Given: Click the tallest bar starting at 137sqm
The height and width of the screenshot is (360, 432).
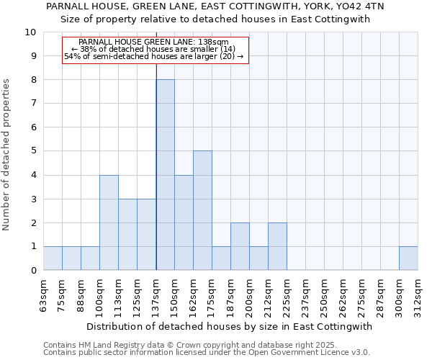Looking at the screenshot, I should pyautogui.click(x=165, y=175).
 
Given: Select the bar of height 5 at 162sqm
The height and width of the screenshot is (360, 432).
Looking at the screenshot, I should pyautogui.click(x=202, y=210).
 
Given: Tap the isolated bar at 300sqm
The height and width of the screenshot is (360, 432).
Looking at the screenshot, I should pyautogui.click(x=408, y=258).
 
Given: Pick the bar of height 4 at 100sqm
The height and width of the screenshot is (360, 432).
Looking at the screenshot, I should pyautogui.click(x=109, y=222).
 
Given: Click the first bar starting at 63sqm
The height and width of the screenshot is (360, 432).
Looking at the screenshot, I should pyautogui.click(x=53, y=258).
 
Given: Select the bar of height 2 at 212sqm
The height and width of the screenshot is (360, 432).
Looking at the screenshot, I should pyautogui.click(x=277, y=246).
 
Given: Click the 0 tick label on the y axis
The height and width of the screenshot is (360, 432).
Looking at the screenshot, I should pyautogui.click(x=33, y=271).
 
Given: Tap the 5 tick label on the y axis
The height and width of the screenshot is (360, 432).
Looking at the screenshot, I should pyautogui.click(x=33, y=151).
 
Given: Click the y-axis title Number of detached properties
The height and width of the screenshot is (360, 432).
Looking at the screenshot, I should pyautogui.click(x=7, y=156).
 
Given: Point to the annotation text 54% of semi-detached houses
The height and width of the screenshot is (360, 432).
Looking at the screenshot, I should pyautogui.click(x=154, y=56).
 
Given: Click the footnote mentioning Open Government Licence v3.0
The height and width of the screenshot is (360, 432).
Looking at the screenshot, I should pyautogui.click(x=207, y=353).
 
